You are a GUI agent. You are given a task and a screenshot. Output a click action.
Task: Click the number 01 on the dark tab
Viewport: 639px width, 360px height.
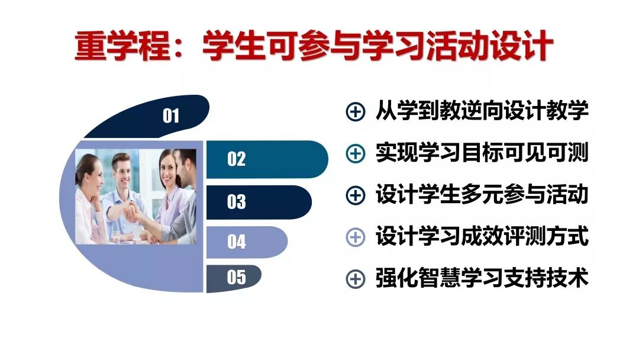pyautogui.click(x=171, y=115)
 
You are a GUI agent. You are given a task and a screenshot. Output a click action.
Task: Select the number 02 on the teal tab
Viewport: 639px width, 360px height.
pyautogui.click(x=236, y=159)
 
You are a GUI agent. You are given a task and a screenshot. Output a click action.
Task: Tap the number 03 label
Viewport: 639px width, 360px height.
pyautogui.click(x=236, y=202)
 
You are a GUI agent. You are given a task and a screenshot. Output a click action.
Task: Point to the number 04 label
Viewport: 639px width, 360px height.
pyautogui.click(x=236, y=242)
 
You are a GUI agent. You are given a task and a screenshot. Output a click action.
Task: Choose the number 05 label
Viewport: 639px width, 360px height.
pyautogui.click(x=236, y=277)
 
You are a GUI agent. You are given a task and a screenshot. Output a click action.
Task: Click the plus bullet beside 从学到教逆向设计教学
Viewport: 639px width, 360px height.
pyautogui.click(x=355, y=112)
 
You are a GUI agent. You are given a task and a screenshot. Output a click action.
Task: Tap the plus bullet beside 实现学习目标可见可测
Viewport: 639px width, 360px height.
pyautogui.click(x=355, y=153)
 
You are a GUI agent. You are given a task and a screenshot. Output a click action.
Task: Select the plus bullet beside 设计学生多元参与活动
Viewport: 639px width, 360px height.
pyautogui.click(x=355, y=195)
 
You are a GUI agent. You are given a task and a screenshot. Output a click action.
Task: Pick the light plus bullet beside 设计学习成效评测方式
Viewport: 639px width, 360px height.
pyautogui.click(x=355, y=237)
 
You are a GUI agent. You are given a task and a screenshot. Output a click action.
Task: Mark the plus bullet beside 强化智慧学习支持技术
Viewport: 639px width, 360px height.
pyautogui.click(x=355, y=279)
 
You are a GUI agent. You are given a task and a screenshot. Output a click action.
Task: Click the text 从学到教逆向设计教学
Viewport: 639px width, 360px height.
pyautogui.click(x=482, y=111)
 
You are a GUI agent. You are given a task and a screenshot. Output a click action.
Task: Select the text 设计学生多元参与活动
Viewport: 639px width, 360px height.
pyautogui.click(x=482, y=195)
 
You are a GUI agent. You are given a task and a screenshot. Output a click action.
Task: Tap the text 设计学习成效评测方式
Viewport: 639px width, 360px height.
pyautogui.click(x=482, y=237)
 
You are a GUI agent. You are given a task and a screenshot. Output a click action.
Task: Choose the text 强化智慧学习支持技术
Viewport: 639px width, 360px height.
pyautogui.click(x=482, y=278)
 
